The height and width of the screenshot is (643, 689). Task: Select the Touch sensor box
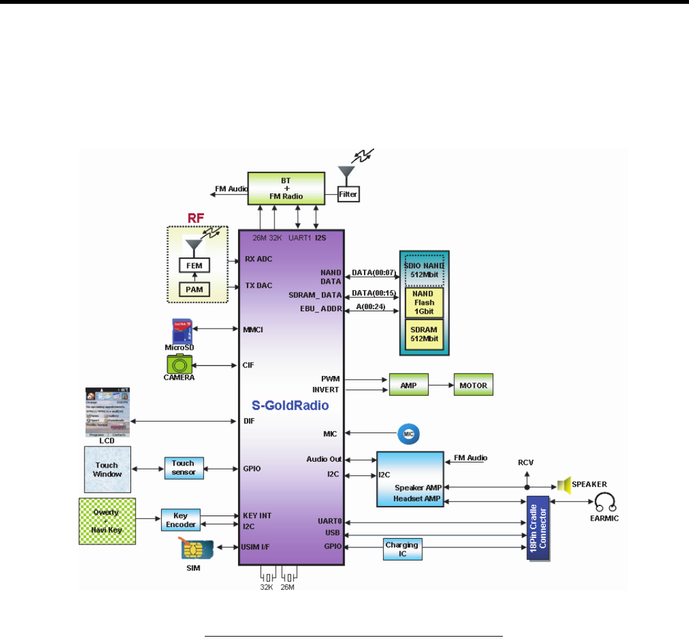183,468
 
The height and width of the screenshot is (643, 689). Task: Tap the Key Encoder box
181,519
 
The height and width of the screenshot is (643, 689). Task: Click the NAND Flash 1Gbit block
424,303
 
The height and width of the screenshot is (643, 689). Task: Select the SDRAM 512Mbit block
424,334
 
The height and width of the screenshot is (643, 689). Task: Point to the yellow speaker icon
563,485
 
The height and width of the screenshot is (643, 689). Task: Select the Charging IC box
402,549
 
